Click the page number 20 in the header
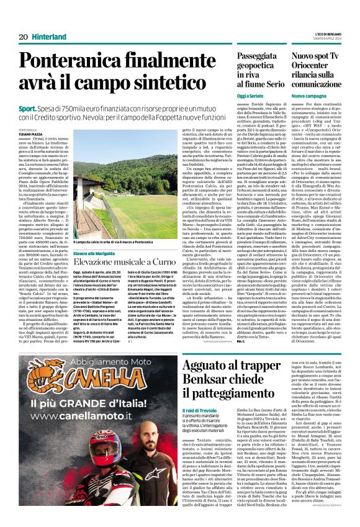click(22, 37)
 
